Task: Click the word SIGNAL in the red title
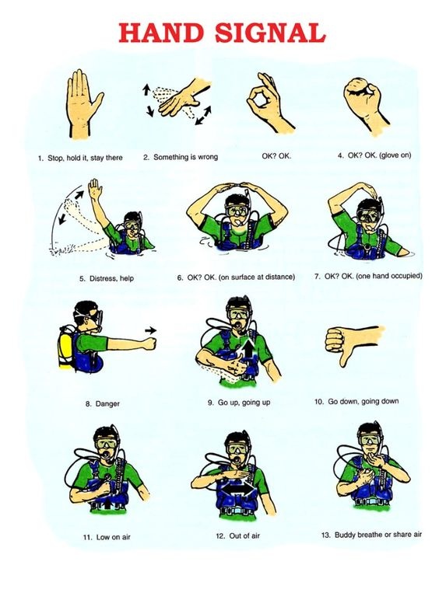pyautogui.click(x=270, y=33)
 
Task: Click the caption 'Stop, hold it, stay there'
pyautogui.click(x=85, y=158)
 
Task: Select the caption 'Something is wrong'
pyautogui.click(x=185, y=156)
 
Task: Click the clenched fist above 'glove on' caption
pyautogui.click(x=363, y=96)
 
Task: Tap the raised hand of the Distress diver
pyautogui.click(x=94, y=189)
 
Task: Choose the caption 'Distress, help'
pyautogui.click(x=111, y=279)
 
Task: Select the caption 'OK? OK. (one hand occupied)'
pyautogui.click(x=373, y=276)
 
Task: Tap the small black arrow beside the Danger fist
pyautogui.click(x=151, y=330)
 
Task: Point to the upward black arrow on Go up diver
pyautogui.click(x=249, y=351)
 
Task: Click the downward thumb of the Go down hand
pyautogui.click(x=346, y=357)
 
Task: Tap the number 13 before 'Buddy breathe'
pyautogui.click(x=325, y=535)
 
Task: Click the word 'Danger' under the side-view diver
pyautogui.click(x=107, y=404)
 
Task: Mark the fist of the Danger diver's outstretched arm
pyautogui.click(x=149, y=344)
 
